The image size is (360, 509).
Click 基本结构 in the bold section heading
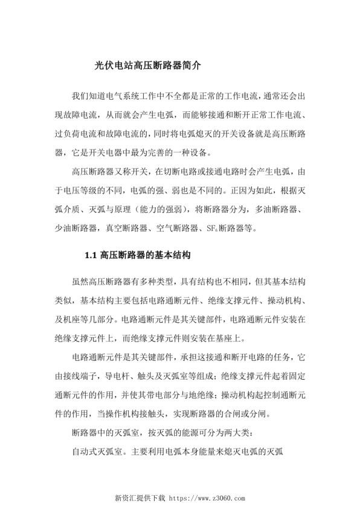point(172,256)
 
